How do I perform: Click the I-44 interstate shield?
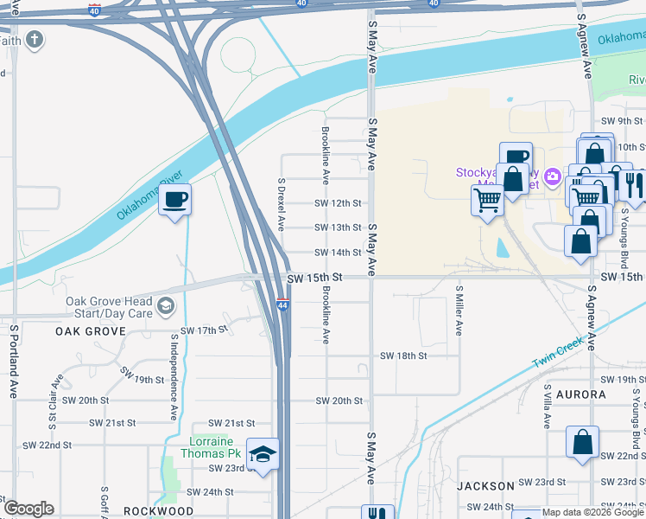[x=282, y=305]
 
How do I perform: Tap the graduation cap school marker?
[x=263, y=454]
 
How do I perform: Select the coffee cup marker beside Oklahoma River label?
[x=175, y=201]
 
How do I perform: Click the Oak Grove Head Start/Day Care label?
[x=110, y=306]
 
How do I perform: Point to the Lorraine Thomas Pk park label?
[x=214, y=446]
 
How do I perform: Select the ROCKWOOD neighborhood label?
[x=158, y=511]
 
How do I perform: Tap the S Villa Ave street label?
[x=548, y=407]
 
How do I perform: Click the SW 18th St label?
[x=402, y=356]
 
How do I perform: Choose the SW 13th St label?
[x=338, y=227]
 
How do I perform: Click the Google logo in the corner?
[x=28, y=509]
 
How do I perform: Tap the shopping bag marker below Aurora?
[x=583, y=442]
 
